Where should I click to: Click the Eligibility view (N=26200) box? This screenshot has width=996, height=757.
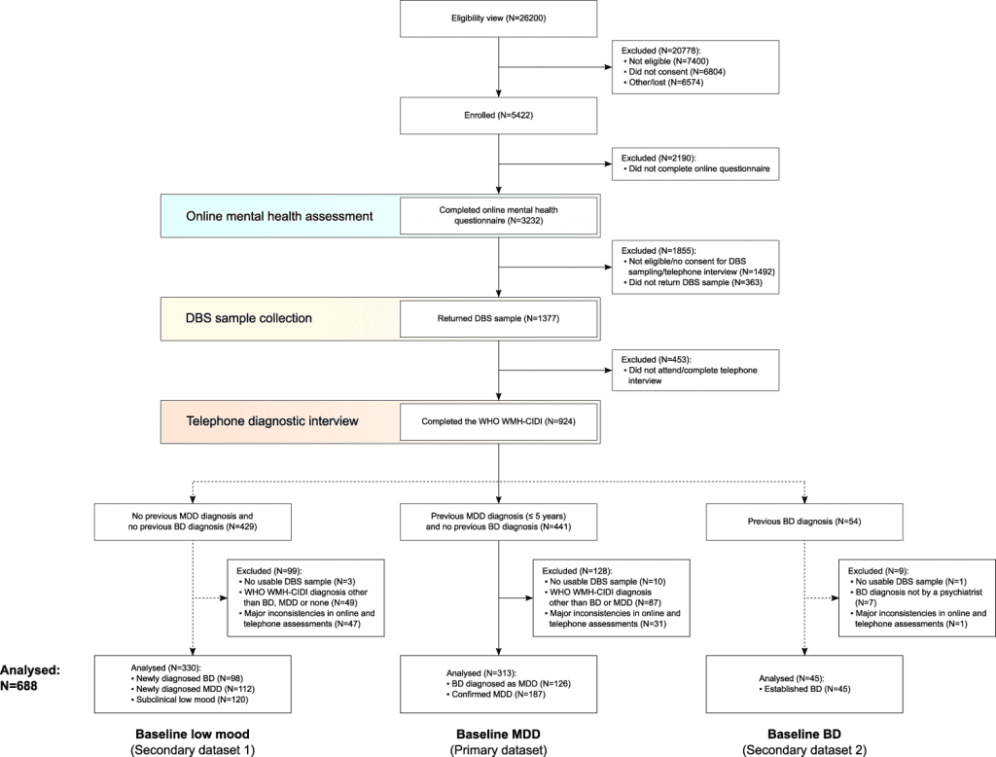point(498,18)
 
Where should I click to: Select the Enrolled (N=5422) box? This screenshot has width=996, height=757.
point(498,115)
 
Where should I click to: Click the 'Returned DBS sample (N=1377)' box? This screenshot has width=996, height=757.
point(498,318)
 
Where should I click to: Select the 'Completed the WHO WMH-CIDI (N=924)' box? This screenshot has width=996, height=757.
point(498,422)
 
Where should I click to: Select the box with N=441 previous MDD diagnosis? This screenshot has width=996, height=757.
point(498,521)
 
